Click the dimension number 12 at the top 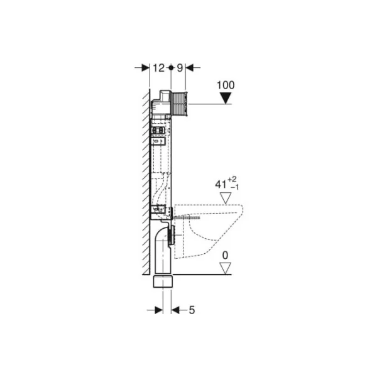(158, 68)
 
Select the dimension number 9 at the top (180, 68)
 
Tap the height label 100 (226, 85)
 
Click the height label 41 (221, 185)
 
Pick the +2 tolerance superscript (232, 179)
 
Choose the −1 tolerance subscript (234, 187)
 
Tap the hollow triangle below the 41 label (226, 198)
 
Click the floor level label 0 (225, 255)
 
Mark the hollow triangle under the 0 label (226, 268)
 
